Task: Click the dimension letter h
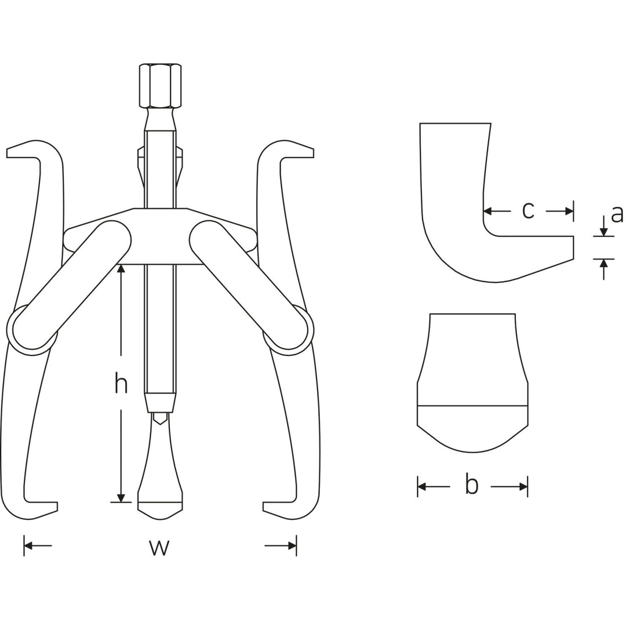(121, 383)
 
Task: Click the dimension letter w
(159, 546)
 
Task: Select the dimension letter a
(617, 214)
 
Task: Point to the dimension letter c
(527, 210)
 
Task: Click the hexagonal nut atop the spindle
(160, 86)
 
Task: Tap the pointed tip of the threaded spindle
(160, 418)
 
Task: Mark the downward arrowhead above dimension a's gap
(604, 231)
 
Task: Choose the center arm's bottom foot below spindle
(160, 509)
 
